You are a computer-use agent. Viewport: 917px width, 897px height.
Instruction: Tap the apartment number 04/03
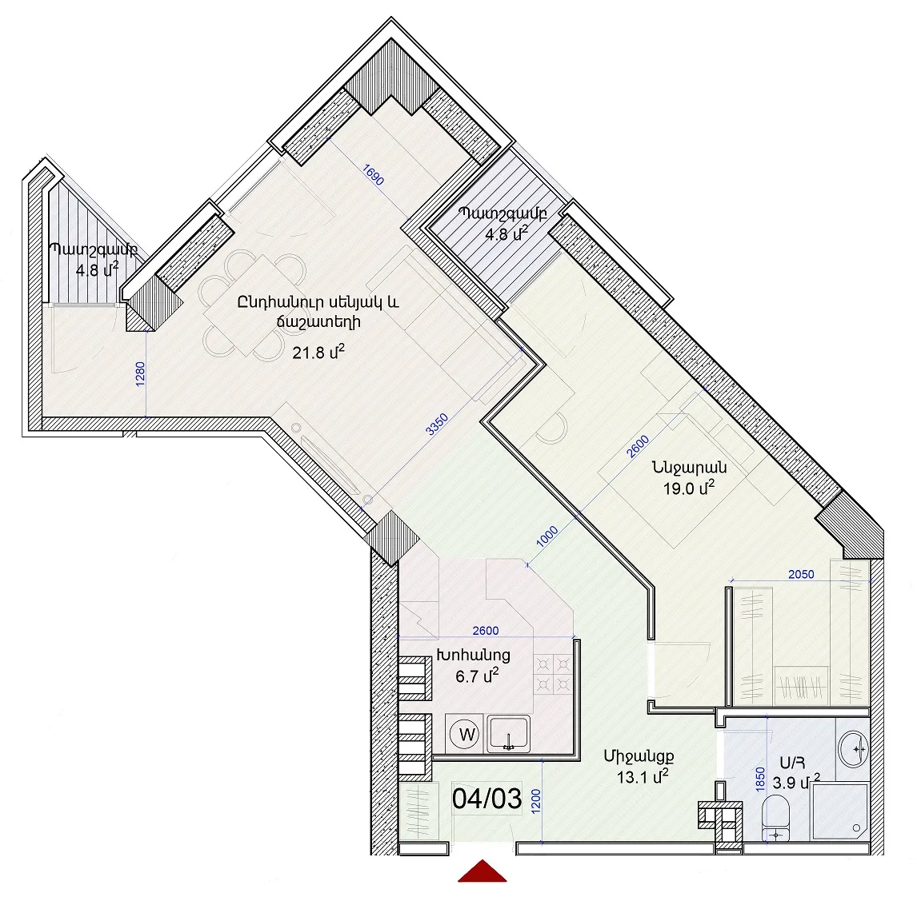(487, 798)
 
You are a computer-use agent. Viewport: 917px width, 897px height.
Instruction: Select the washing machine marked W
(467, 734)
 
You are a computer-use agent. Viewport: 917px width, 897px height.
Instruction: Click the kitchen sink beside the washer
(510, 733)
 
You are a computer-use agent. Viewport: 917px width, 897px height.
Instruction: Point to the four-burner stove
(553, 674)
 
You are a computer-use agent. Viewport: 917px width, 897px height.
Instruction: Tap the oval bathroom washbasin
(853, 748)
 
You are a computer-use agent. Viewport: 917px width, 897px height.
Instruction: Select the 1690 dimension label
(373, 175)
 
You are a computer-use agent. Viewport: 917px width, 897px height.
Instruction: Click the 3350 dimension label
(437, 425)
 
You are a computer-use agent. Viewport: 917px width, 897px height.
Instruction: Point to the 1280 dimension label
(140, 374)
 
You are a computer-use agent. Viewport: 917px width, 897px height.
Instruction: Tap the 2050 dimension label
(801, 575)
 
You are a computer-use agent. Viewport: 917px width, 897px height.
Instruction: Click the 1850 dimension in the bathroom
(760, 779)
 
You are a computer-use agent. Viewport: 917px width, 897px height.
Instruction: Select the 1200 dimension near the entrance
(535, 801)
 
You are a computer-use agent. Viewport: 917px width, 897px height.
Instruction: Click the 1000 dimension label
(547, 536)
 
